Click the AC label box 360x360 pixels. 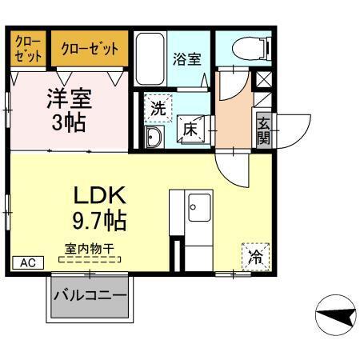pos(26,262)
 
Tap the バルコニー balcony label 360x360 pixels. pos(90,295)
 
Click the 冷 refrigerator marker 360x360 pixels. pos(255,258)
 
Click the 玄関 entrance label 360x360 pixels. pos(263,129)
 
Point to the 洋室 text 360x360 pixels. pos(67,99)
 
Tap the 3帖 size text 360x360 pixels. pos(67,124)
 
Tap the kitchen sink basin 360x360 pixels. pos(198,209)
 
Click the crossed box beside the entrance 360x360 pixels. pos(262,81)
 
